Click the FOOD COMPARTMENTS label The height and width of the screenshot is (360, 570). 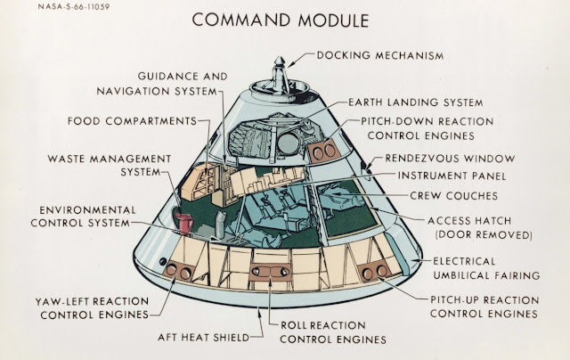click(x=131, y=120)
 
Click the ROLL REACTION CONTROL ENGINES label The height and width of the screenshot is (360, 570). click(x=333, y=331)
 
